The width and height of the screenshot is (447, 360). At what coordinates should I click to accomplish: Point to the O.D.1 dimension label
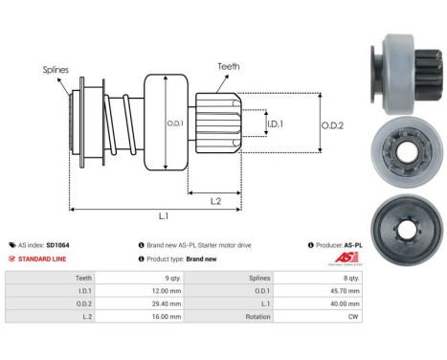[x=175, y=122]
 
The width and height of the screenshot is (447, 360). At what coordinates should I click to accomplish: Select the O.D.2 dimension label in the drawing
[x=331, y=123]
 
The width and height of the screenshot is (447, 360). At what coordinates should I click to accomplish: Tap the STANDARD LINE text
[x=45, y=259]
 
